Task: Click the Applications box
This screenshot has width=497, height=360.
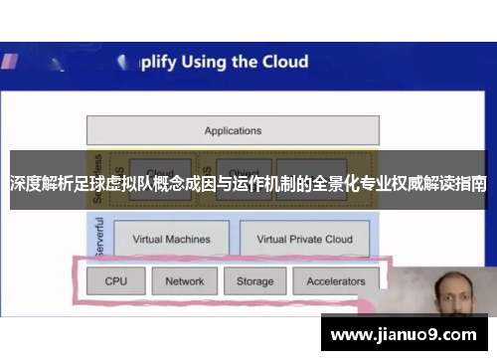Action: (x=233, y=130)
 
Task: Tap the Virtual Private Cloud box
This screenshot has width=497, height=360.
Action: (x=304, y=239)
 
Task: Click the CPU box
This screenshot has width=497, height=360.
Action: (x=116, y=281)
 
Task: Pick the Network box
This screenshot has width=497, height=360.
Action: (x=184, y=281)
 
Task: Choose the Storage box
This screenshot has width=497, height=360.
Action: (x=254, y=281)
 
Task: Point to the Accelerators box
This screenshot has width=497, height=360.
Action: (x=336, y=281)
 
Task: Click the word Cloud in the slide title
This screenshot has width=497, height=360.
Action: (x=284, y=62)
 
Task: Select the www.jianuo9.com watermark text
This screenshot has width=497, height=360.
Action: (x=407, y=333)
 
